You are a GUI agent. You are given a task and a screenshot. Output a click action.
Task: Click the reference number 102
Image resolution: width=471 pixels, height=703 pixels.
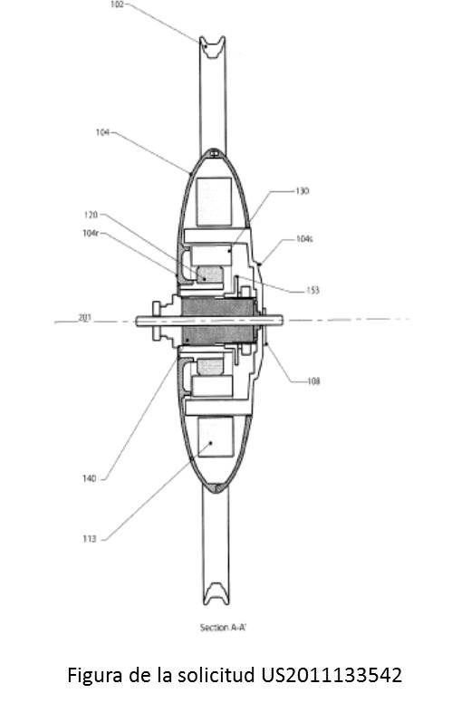tap(117, 5)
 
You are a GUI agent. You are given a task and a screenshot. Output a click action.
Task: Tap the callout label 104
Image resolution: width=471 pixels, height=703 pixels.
tap(102, 132)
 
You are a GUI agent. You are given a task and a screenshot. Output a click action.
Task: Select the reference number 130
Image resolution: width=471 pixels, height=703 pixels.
tap(302, 191)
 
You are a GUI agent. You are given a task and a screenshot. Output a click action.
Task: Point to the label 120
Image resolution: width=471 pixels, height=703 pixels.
tap(91, 215)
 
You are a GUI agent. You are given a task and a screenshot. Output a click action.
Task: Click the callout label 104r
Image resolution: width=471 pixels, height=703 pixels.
tap(91, 233)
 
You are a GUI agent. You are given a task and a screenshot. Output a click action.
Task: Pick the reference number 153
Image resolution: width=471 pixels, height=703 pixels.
tap(312, 291)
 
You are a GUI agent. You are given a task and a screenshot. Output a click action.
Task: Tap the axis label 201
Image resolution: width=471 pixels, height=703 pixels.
tap(85, 318)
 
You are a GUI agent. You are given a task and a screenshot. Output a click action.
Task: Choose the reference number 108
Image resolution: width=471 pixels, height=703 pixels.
tap(313, 381)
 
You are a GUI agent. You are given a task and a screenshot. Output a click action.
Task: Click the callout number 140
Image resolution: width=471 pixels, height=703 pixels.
tap(89, 479)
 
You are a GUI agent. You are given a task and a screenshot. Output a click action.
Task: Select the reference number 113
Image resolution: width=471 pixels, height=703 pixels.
tap(89, 539)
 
